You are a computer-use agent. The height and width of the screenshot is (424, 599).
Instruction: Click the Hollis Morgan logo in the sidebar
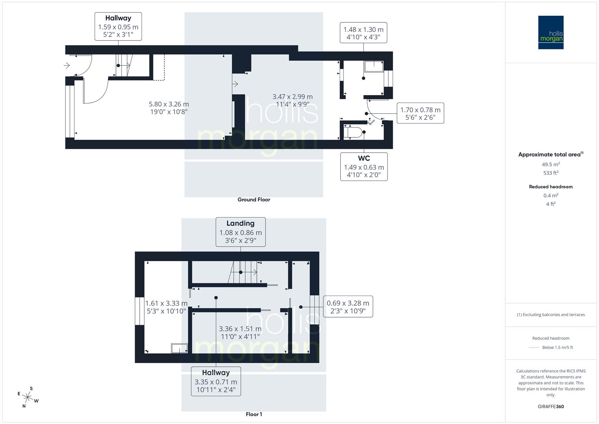tap(550, 32)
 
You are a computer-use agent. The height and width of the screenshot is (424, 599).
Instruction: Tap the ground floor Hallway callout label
tap(118, 26)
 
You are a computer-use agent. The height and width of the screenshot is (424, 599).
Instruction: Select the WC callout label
tap(364, 166)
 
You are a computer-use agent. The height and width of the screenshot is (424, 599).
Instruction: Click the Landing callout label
tap(240, 232)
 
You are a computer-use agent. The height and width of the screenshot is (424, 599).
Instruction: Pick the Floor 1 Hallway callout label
tap(216, 381)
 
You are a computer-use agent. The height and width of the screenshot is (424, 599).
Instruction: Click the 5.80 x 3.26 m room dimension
tap(169, 108)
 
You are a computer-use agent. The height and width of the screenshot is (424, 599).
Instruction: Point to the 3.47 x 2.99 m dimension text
tap(293, 100)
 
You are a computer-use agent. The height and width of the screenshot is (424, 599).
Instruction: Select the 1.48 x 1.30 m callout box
tap(363, 33)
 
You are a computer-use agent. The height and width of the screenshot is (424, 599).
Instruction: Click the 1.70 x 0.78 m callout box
tap(420, 113)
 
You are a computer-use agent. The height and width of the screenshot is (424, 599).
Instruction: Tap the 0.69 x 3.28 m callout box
tap(348, 307)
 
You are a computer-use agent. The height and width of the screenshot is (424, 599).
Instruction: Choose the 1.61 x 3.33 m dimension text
tap(166, 307)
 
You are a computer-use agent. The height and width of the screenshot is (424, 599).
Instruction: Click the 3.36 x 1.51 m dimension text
tap(240, 333)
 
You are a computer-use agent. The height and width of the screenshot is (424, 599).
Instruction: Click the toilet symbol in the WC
tap(353, 132)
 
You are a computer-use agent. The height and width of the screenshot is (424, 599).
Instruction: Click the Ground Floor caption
tap(254, 199)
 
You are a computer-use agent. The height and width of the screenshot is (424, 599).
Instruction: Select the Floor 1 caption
tap(254, 414)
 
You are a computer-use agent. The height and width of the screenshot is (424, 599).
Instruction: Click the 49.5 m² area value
tap(550, 164)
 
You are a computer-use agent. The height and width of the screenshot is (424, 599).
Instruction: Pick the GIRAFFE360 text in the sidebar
tap(550, 406)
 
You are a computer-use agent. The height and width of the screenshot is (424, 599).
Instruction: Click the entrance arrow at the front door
tap(67, 65)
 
